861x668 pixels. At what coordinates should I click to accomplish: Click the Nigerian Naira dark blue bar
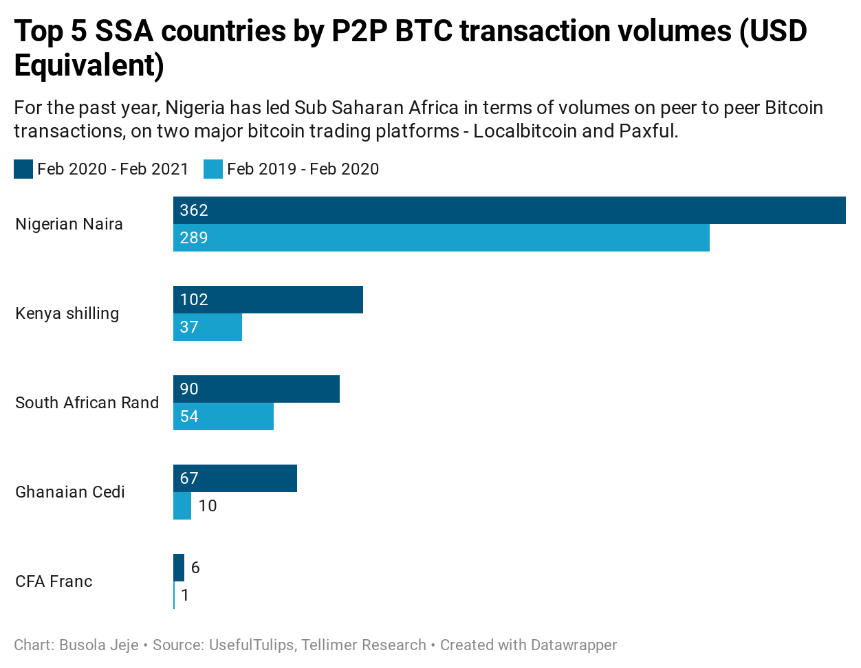coord(509,210)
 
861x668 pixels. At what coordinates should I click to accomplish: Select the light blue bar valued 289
coord(441,238)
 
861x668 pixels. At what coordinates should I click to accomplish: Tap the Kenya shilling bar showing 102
coord(268,300)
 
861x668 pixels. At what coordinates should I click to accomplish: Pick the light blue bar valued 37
coord(208,327)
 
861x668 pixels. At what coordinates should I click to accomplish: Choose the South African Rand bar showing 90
coord(257,389)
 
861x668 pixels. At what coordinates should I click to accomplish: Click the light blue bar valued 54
coord(224,416)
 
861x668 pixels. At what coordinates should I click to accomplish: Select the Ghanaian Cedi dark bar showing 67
coord(235,478)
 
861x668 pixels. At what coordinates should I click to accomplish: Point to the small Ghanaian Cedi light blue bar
coord(182,506)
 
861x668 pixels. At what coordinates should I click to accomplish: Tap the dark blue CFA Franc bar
coord(179,568)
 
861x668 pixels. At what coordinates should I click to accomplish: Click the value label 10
coord(208,506)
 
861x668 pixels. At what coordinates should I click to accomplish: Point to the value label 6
coord(195,568)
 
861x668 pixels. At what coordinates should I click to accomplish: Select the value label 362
coord(194,210)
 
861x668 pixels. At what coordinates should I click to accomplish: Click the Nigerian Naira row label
coord(69,224)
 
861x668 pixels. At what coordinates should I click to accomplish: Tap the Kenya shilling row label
coord(67,313)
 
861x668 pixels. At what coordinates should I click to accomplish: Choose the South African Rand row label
coord(87,403)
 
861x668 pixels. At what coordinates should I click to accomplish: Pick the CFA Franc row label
coord(54,581)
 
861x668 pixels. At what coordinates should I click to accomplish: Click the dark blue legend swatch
coord(23,169)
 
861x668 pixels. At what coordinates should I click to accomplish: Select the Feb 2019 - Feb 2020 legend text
coord(303,169)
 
